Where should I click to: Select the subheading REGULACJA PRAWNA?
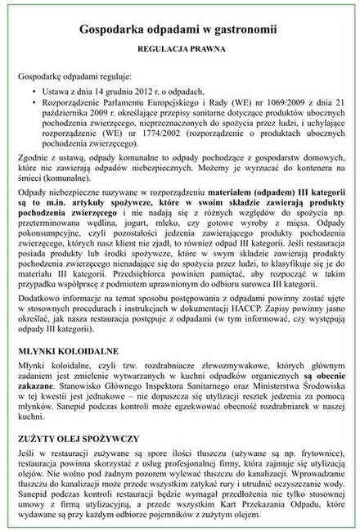180,48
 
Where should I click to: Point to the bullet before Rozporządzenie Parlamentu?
30,103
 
